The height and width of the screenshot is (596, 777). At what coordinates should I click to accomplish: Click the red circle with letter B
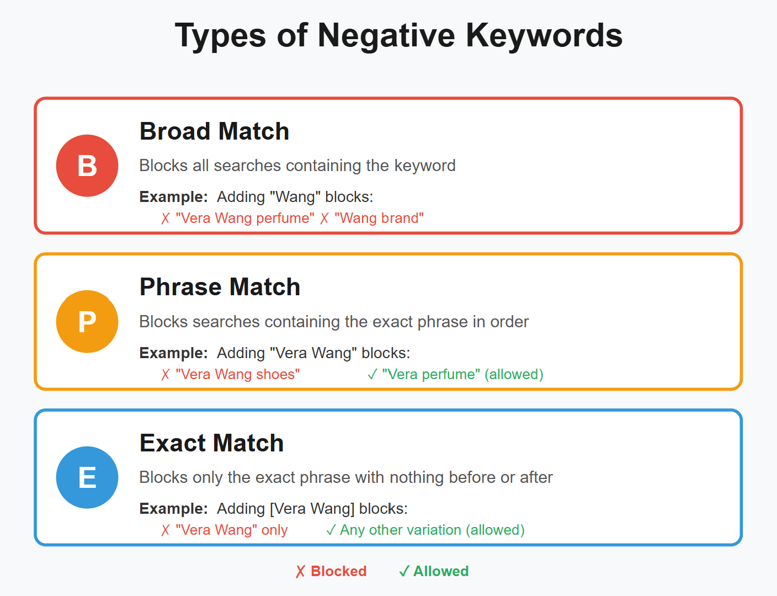tap(87, 166)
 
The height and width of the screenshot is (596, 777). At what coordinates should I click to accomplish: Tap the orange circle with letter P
tap(87, 321)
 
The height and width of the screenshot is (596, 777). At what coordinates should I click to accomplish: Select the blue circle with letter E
tap(87, 477)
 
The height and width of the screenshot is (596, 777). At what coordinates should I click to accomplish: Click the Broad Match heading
tap(214, 131)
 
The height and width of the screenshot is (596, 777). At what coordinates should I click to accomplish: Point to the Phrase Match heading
tap(220, 287)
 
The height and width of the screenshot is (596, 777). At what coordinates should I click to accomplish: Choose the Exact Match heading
tap(211, 443)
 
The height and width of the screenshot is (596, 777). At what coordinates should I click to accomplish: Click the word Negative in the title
tap(386, 36)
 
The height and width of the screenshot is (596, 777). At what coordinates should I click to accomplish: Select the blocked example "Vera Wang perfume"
tap(245, 218)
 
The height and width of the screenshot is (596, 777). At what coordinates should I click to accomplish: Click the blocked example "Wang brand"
tap(379, 218)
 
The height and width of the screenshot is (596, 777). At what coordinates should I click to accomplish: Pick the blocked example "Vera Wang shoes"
tap(238, 374)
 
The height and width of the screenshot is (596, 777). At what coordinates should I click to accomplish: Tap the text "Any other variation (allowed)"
tap(432, 530)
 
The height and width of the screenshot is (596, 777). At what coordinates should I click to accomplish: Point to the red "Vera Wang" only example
tap(231, 530)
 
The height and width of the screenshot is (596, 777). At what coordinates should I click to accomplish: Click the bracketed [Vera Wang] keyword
tap(312, 509)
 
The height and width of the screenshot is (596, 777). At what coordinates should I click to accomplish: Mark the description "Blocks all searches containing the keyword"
tap(297, 166)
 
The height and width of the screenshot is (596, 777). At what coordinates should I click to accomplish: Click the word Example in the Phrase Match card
tap(173, 353)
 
